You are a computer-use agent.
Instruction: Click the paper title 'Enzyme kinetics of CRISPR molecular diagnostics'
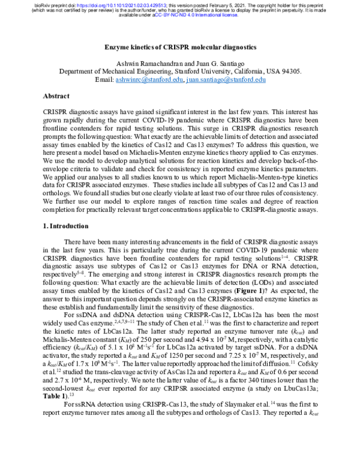[180, 47]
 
